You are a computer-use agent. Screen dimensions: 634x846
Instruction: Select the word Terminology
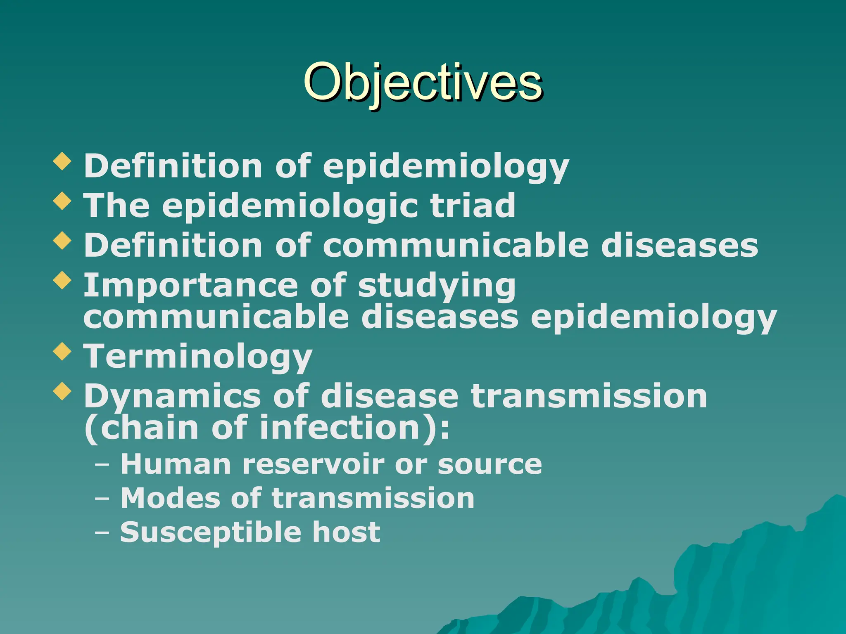pyautogui.click(x=198, y=357)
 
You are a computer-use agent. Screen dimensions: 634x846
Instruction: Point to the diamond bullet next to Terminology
pyautogui.click(x=62, y=351)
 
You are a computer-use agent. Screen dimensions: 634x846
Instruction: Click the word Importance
pyautogui.click(x=190, y=286)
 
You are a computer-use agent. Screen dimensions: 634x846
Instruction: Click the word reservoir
pyautogui.click(x=313, y=464)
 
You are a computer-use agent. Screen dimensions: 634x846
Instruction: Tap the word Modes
pyautogui.click(x=170, y=498)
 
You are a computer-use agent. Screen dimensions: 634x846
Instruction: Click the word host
pyautogui.click(x=346, y=532)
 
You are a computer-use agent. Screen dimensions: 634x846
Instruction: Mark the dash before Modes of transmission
pyautogui.click(x=102, y=499)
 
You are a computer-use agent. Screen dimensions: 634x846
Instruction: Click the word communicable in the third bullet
pyautogui.click(x=456, y=246)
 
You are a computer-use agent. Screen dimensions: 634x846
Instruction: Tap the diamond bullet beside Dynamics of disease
pyautogui.click(x=62, y=391)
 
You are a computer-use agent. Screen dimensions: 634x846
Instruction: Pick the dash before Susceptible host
pyautogui.click(x=102, y=532)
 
